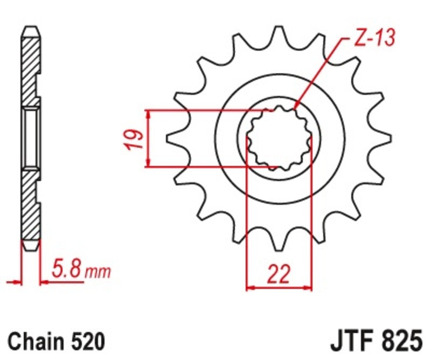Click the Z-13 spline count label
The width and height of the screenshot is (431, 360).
(x=374, y=37)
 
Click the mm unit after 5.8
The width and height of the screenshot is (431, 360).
(x=98, y=271)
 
